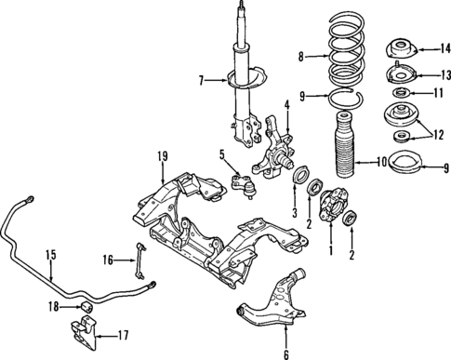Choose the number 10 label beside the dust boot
(x=382, y=162)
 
